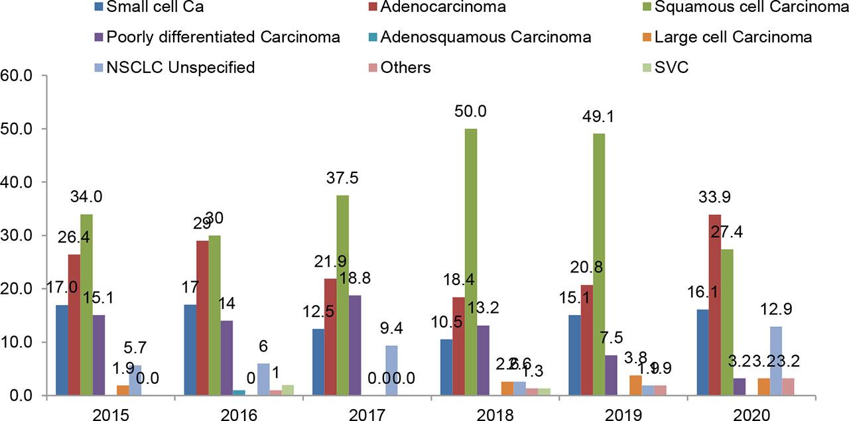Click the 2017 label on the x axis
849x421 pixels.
coord(367,414)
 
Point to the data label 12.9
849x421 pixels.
coord(775,310)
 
